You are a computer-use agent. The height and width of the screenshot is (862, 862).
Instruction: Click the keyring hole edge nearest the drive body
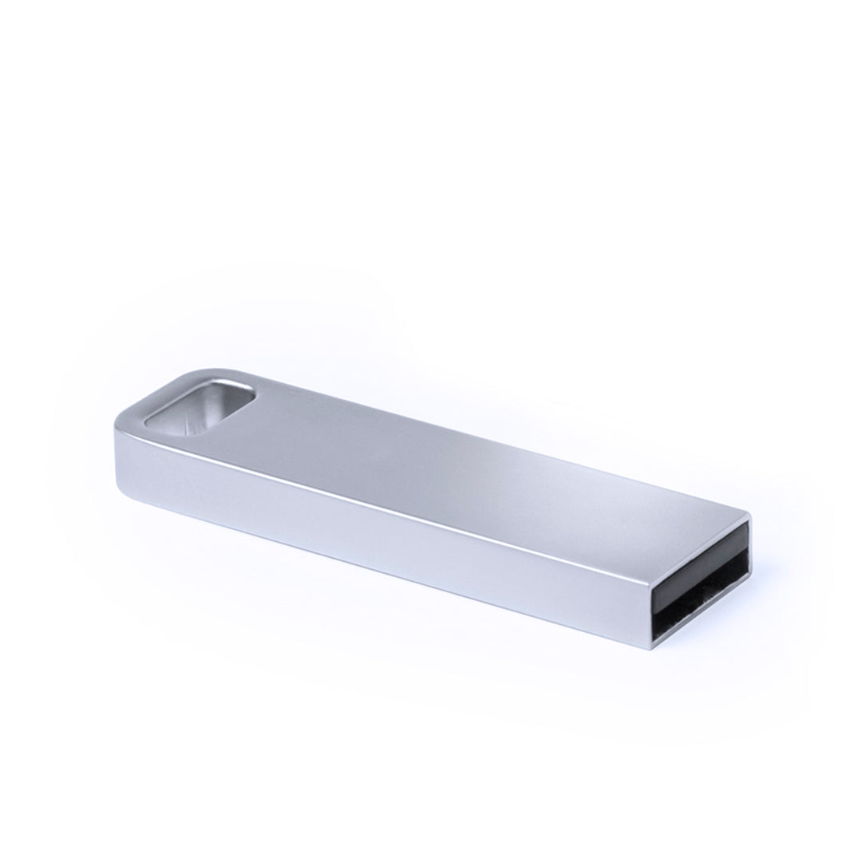coord(252,403)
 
